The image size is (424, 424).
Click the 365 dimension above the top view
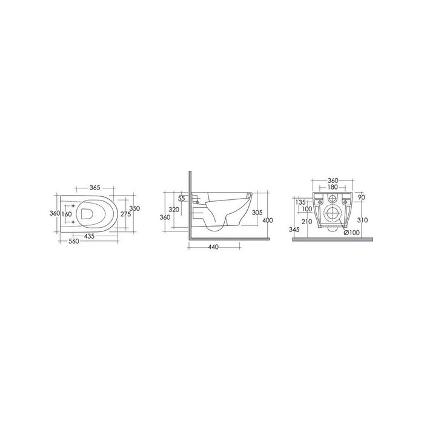[x=95, y=187]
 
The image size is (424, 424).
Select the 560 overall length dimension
[x=74, y=241]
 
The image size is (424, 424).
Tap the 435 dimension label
[x=89, y=236]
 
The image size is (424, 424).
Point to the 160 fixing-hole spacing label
[x=67, y=214]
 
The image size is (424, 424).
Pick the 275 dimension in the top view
[x=126, y=214]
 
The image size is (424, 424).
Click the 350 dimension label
[x=134, y=208]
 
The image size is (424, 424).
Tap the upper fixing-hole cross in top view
[x=73, y=206]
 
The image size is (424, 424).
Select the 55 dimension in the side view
[x=182, y=199]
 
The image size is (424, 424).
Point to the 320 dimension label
[x=174, y=210]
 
